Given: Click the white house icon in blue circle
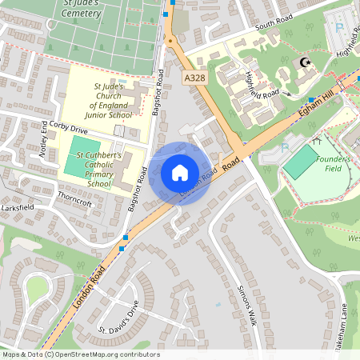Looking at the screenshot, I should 179,172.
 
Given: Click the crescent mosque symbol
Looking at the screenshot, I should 304,62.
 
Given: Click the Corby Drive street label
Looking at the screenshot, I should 68,127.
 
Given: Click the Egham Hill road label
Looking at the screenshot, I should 327,96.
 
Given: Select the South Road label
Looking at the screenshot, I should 270,26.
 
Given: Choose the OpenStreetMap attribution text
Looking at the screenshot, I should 80,354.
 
